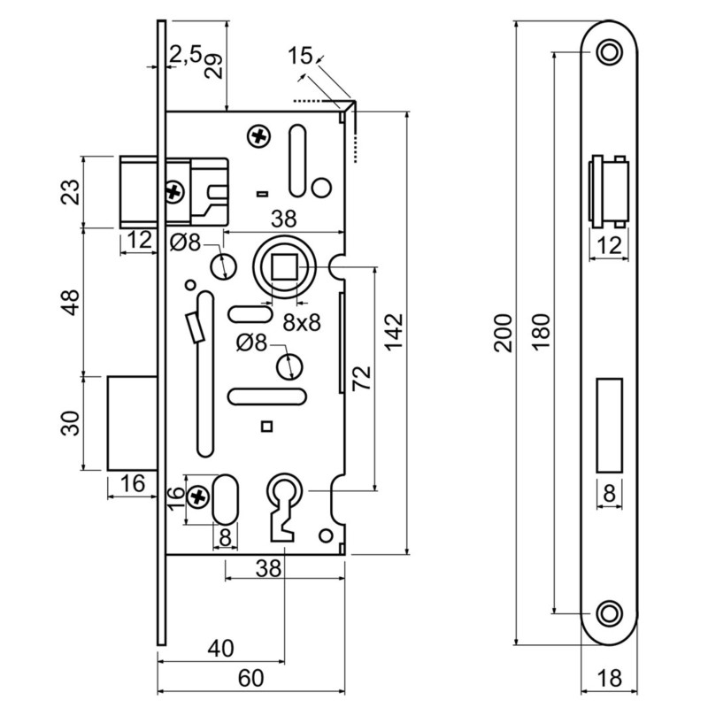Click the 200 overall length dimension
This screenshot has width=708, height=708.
pos(503,332)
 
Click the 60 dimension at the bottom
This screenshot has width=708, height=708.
pos(251,678)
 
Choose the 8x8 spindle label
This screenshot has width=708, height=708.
pos(301,323)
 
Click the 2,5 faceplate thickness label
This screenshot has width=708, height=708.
pos(184,55)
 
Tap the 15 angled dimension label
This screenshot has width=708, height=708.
pos(300,56)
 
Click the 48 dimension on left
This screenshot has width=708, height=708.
pos(73,301)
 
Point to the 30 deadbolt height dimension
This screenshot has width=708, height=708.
pos(73,422)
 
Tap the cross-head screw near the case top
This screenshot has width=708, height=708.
pos(259,137)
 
